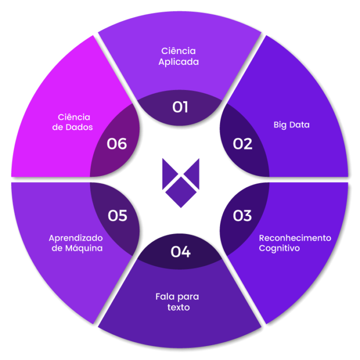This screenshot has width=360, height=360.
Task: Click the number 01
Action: point(180,107)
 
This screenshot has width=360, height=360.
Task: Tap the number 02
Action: point(242,143)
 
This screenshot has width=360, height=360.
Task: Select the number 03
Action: point(242,215)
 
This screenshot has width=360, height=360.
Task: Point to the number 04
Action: point(181,252)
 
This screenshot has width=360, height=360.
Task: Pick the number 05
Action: point(117,215)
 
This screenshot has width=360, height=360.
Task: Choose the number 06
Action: point(117,143)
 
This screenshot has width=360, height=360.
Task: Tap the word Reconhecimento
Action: point(295,238)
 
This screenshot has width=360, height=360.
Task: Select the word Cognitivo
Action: point(279,248)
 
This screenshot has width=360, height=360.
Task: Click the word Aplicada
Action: point(178,62)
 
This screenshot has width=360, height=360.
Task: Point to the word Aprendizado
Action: point(76,238)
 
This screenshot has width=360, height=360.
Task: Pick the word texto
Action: point(178,308)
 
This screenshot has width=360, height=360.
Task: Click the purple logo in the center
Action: point(180,182)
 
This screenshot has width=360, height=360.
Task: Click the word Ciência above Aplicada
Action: point(178,51)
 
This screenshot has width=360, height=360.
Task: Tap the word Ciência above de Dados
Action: point(74,117)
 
